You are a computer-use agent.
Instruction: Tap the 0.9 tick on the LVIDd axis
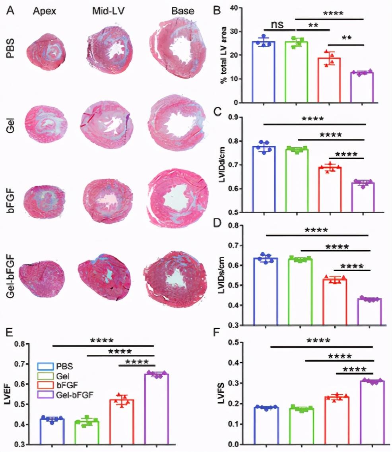click(240, 117)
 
